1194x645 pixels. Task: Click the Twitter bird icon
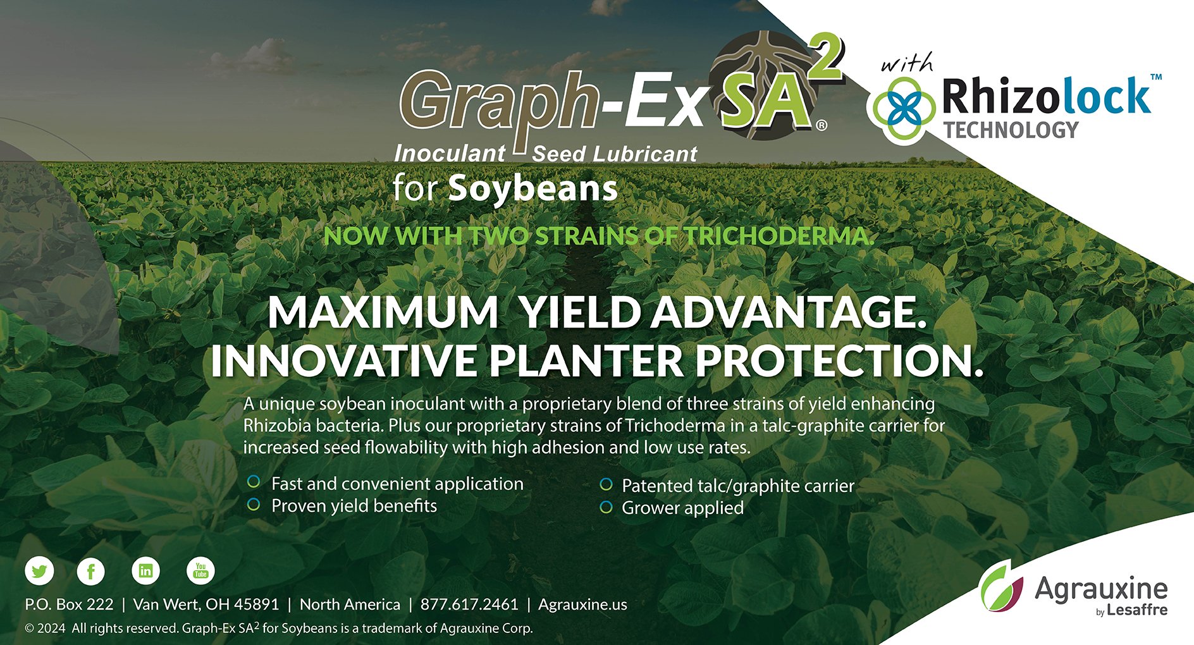coord(39,572)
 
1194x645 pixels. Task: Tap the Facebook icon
coord(91,572)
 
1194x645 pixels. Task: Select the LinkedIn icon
coord(145,571)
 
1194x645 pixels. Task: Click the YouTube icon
coord(200,571)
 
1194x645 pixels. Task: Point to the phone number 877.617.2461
coord(469,605)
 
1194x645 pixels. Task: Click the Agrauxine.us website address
coord(582,605)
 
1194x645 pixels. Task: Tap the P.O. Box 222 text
coord(69,605)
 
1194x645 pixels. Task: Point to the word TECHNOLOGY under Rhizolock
coord(1011,130)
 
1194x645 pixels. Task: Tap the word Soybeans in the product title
coord(532,189)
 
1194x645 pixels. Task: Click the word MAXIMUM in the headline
coord(383,312)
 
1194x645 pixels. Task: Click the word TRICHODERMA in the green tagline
coord(779,236)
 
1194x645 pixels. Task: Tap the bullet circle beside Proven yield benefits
coord(254,505)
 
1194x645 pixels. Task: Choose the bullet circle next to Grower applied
coord(606,507)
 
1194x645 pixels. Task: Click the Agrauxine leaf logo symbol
coord(1001,587)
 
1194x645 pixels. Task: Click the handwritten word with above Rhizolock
coord(907,63)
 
